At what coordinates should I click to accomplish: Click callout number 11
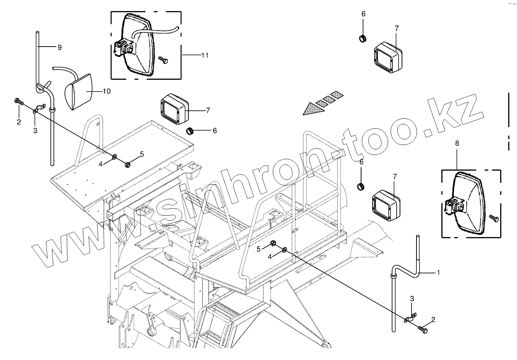205,55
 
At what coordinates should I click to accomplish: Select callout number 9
59,47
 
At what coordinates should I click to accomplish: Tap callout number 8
457,143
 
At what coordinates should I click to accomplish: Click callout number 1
438,273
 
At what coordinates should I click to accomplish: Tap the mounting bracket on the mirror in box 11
123,48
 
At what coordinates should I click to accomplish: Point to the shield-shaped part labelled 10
79,92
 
